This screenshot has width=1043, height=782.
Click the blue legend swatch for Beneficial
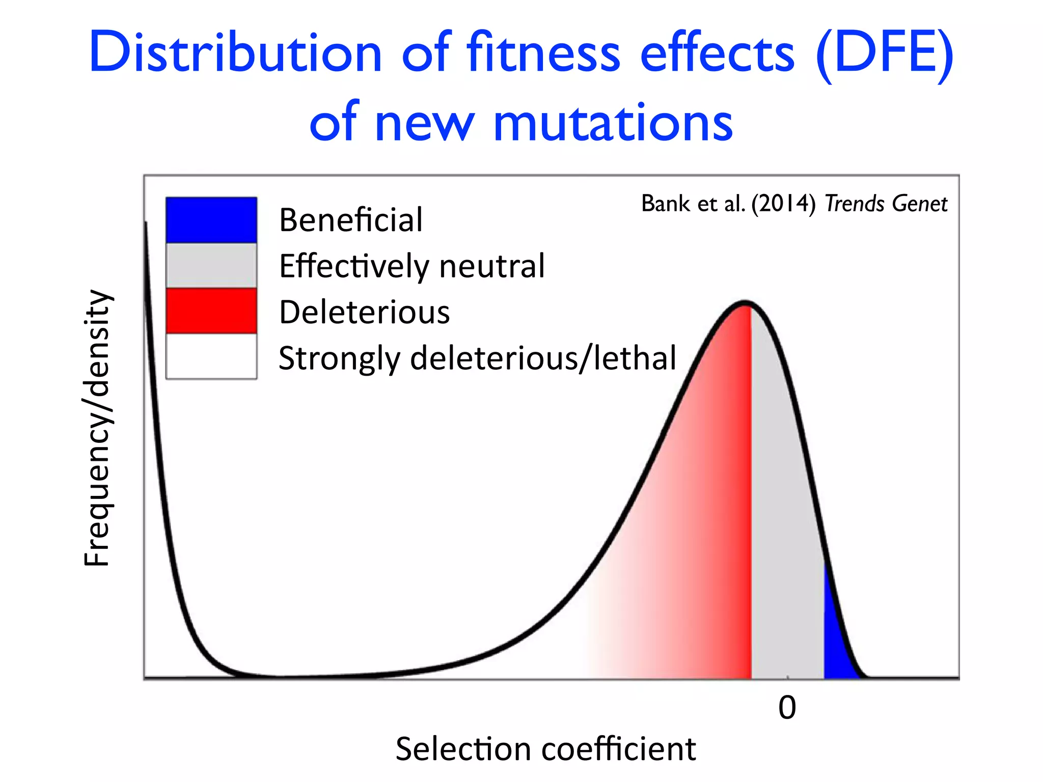211,220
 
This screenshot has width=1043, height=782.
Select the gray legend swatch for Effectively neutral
211,265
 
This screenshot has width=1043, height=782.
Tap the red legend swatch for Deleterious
211,311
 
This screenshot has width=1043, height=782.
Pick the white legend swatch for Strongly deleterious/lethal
211,356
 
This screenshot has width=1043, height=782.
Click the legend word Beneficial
351,220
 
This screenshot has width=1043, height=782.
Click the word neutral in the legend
491,266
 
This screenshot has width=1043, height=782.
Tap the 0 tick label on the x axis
787,708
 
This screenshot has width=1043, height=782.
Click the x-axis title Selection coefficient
545,749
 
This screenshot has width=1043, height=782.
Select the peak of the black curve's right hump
745,303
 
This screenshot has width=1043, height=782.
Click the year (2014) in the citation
784,204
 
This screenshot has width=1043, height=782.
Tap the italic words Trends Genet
886,204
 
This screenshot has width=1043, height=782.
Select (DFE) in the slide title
884,53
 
